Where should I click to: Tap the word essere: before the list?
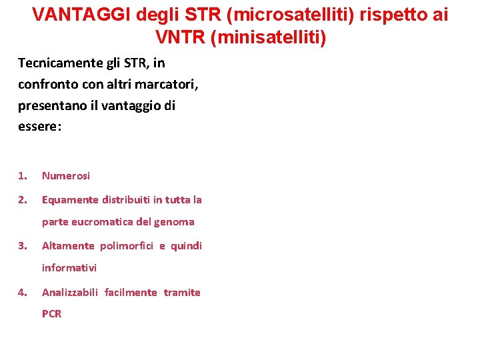[x=39, y=127]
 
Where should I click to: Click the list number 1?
[x=23, y=176]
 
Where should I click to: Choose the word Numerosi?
[x=66, y=176]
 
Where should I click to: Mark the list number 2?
[x=23, y=200]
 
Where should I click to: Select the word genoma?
[x=175, y=222]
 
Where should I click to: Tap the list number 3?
[x=23, y=246]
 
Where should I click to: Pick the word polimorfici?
[x=127, y=246]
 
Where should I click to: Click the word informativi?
[x=69, y=268]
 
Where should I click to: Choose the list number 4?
[x=23, y=293]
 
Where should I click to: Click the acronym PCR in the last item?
[x=52, y=314]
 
